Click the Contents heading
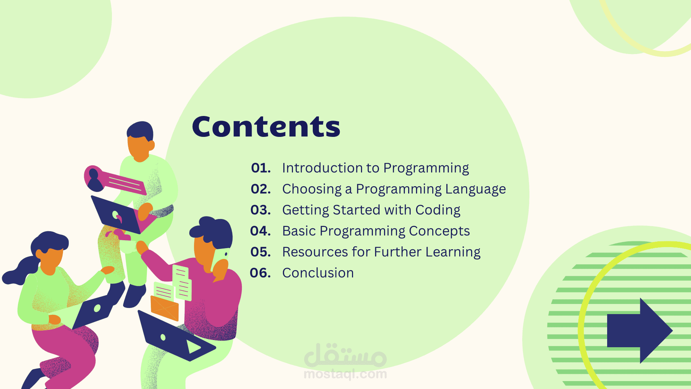[266, 126]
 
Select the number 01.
[261, 168]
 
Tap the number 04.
[261, 231]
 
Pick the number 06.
[260, 273]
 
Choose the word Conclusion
[318, 273]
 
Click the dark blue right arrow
[640, 331]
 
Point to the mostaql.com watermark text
[345, 374]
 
